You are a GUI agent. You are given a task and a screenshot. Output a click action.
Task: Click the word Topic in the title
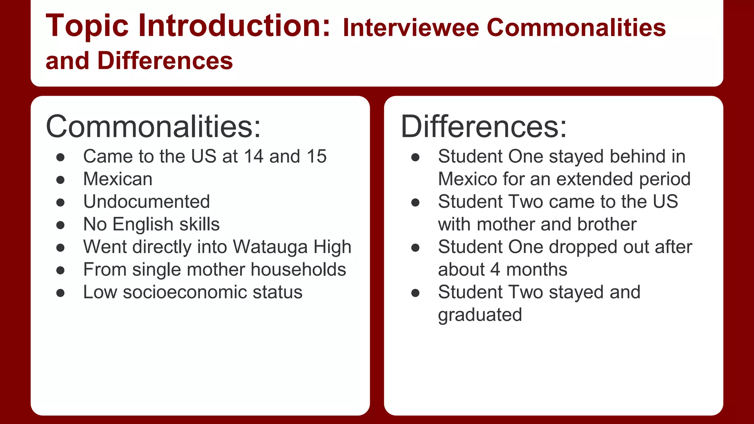click(87, 26)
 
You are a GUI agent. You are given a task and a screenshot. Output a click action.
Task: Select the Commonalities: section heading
click(153, 127)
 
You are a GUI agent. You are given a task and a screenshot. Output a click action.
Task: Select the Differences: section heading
click(483, 127)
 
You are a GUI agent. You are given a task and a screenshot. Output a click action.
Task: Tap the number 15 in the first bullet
click(316, 156)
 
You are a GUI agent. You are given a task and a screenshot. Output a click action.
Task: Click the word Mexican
click(118, 179)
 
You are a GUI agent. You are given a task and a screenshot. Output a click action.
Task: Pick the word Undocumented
click(147, 202)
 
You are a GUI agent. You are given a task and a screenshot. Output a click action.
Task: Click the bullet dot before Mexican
click(61, 180)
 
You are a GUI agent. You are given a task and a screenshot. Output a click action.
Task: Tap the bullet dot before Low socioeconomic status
click(61, 293)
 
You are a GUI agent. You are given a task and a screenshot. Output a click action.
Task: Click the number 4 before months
click(495, 270)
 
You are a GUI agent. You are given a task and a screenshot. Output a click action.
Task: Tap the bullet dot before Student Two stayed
click(415, 293)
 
